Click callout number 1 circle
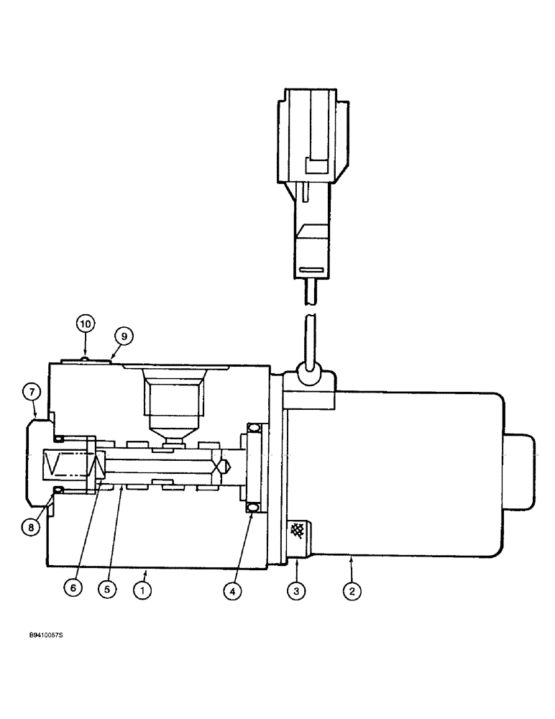pyautogui.click(x=144, y=591)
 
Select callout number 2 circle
pyautogui.click(x=352, y=591)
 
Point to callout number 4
pyautogui.click(x=232, y=591)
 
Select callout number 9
pyautogui.click(x=123, y=335)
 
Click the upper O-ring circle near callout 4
pyautogui.click(x=252, y=429)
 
